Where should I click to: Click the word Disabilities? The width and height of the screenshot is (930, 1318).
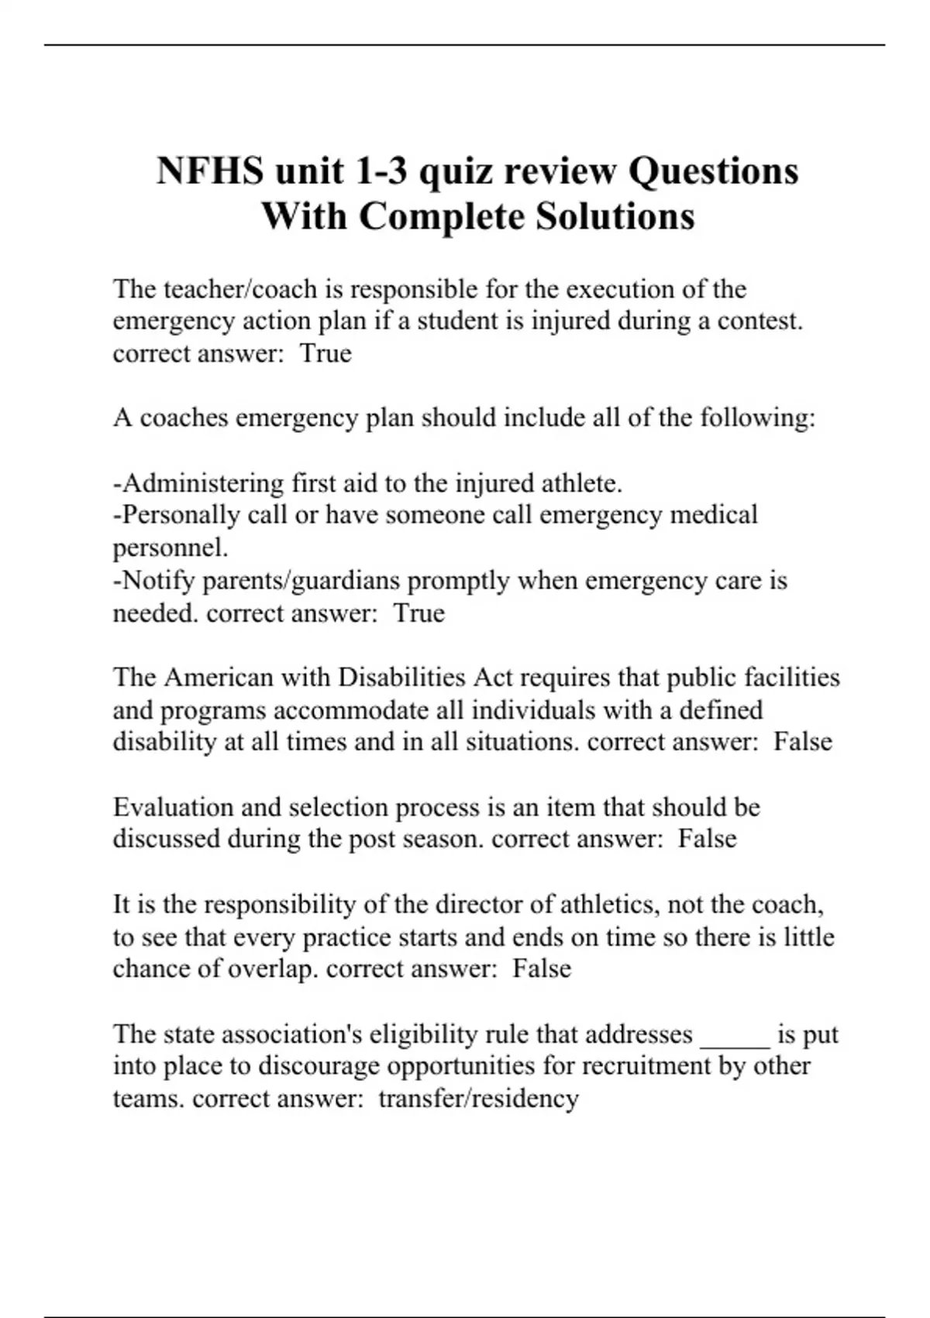tap(402, 678)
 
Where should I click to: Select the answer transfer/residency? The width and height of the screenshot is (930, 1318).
tap(478, 1099)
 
